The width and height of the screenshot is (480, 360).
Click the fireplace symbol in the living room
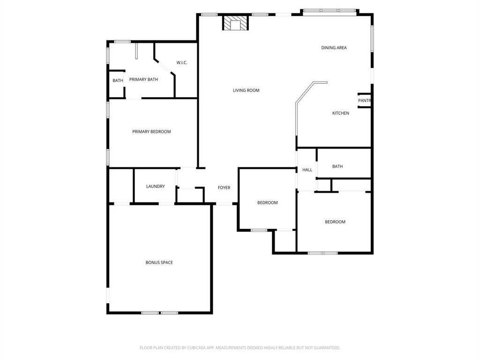point(234,22)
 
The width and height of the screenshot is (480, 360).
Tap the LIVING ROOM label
point(246,90)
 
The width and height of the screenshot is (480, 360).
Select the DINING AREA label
point(334,48)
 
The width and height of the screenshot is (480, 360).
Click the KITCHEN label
point(340,113)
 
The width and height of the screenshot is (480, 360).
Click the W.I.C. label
point(182,63)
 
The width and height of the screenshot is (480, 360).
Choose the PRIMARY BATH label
point(143,80)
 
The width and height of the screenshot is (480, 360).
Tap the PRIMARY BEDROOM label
point(151,132)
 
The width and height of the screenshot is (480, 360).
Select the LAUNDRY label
point(155,187)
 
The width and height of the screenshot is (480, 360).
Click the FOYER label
point(224,188)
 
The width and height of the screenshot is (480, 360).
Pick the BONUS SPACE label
point(159,262)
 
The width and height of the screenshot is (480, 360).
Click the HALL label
point(307,170)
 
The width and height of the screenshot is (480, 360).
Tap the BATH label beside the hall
point(337,166)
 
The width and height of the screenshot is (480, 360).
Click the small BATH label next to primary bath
point(118,81)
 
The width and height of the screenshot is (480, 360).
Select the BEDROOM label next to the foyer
point(267,203)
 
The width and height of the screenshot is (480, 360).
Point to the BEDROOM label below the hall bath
point(335,222)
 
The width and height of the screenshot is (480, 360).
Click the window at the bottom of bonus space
point(159,313)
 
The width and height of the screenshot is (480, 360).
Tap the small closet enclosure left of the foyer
point(190,195)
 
